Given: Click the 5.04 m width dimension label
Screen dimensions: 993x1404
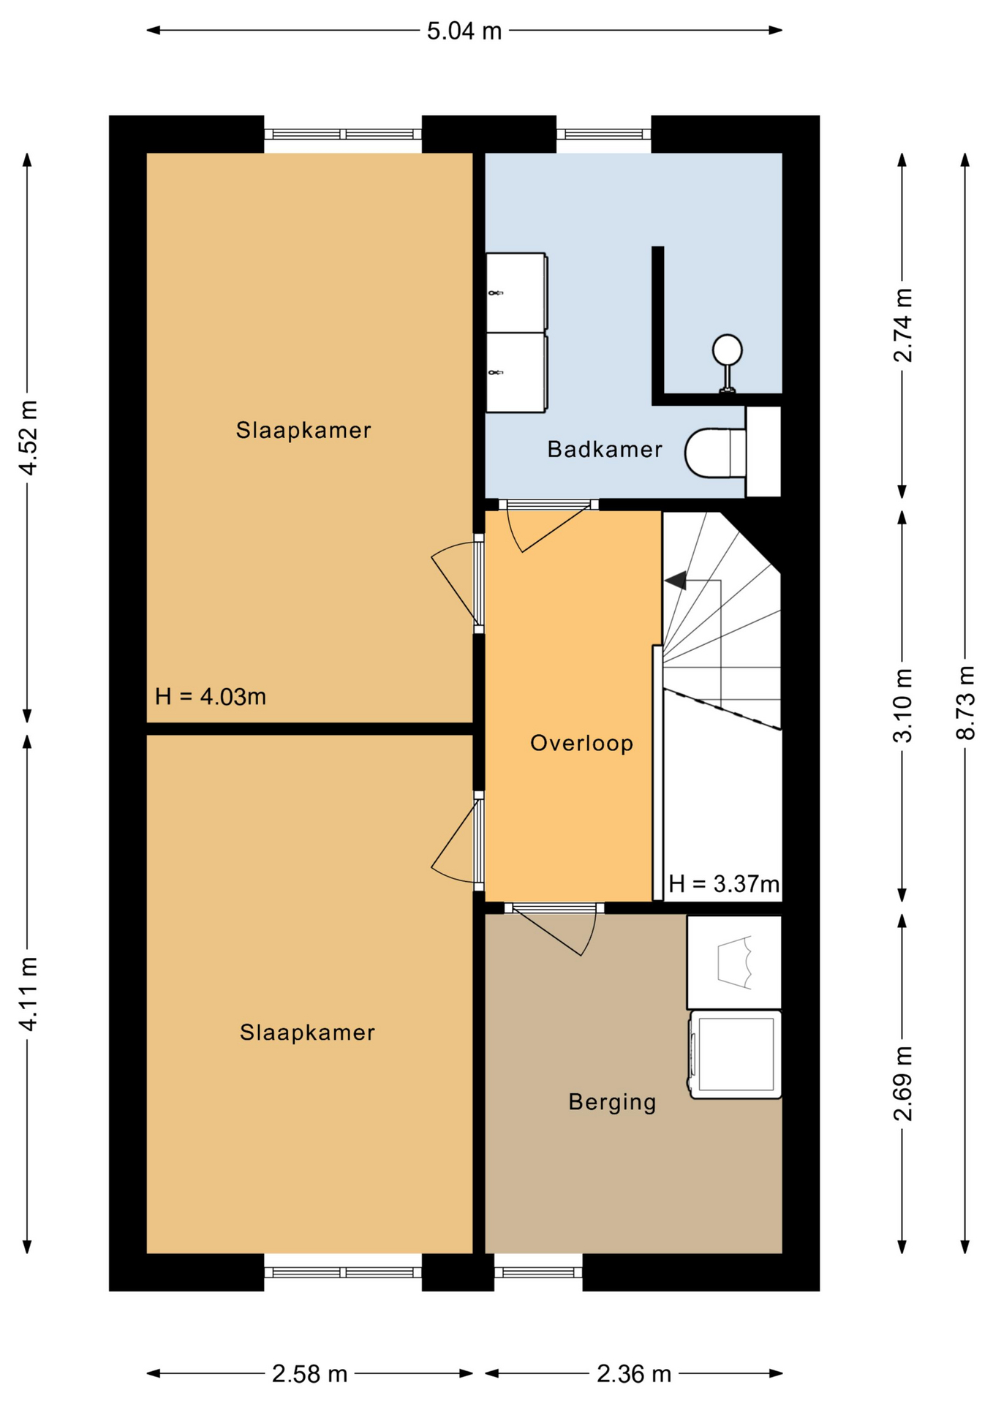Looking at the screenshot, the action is click(x=464, y=31).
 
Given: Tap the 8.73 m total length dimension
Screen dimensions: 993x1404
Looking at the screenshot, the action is click(x=966, y=703).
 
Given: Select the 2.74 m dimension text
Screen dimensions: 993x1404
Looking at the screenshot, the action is click(x=903, y=325).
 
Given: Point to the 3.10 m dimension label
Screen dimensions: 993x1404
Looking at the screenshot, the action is click(x=903, y=705).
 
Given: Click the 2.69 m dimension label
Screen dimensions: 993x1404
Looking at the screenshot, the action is click(x=903, y=1083).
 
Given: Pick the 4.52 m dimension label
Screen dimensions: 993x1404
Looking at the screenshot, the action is click(x=28, y=437).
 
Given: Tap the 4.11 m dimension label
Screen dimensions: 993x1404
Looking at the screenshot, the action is click(x=28, y=993).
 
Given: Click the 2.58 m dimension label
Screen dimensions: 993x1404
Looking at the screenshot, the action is click(x=309, y=1375).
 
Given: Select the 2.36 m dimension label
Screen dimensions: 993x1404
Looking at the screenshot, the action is click(x=634, y=1375).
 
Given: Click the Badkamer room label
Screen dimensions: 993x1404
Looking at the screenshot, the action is click(x=605, y=449).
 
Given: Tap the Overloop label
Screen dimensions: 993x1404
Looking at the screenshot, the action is click(x=581, y=744).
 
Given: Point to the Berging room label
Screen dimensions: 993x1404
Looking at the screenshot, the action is click(x=612, y=1102).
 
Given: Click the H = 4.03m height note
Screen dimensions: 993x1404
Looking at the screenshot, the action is click(x=211, y=696).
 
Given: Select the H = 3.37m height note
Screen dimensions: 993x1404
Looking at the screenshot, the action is click(x=724, y=884).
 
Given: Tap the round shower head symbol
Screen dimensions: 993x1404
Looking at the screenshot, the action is click(x=728, y=350).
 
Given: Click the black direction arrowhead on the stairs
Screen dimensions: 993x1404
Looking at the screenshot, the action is click(x=676, y=580).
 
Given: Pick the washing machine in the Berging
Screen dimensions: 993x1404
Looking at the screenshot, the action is click(x=736, y=1055).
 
